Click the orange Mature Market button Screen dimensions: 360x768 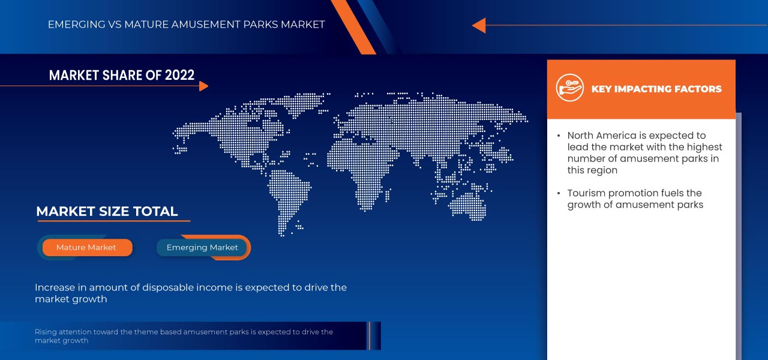[86, 247]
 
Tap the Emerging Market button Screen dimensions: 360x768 [202, 247]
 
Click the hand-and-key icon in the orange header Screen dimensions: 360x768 [569, 88]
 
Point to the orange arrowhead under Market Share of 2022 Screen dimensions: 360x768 [203, 86]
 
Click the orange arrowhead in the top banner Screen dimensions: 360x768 [478, 25]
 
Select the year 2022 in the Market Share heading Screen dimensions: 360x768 [179, 75]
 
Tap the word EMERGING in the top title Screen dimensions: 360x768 [73, 25]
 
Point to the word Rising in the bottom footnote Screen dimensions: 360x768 [46, 332]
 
